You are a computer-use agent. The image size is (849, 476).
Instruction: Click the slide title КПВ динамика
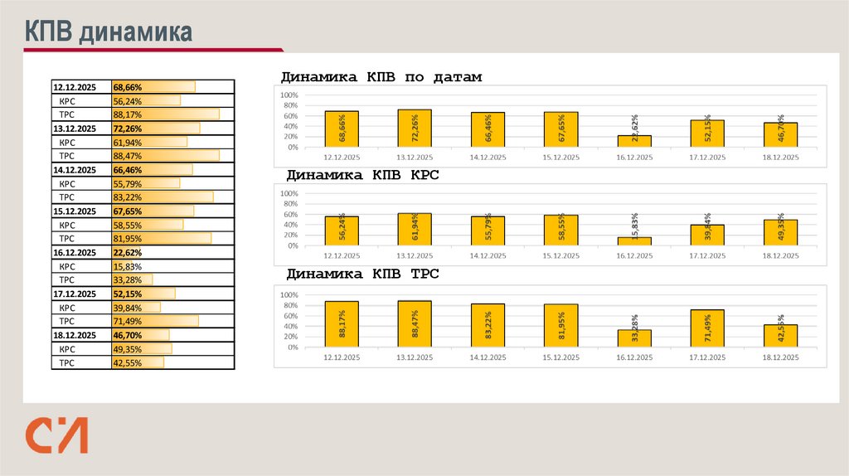coord(108,32)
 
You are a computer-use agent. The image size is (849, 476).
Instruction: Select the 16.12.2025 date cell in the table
coord(75,253)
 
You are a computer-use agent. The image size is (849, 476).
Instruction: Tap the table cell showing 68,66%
coord(129,87)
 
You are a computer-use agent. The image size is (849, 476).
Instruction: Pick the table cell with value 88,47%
coord(128,156)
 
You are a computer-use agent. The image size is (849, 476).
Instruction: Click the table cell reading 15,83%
coord(128,266)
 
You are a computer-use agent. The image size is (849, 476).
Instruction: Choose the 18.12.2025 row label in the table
coord(75,335)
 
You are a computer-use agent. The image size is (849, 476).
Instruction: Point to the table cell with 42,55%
coord(128,362)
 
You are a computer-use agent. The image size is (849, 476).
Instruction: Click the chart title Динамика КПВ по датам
coord(381,77)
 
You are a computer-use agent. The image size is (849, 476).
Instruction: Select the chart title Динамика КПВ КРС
coord(363,176)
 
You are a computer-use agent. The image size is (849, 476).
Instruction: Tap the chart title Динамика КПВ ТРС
coord(363,274)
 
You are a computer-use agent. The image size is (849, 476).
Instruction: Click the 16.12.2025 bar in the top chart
coord(634,141)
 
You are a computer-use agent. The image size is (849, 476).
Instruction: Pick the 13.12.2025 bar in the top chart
coord(415,129)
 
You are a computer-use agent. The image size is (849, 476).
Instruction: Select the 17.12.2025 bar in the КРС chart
coord(707,236)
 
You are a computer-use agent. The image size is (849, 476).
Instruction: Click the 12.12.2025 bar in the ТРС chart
coord(342,324)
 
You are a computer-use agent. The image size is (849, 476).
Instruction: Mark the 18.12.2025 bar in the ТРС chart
coord(780,336)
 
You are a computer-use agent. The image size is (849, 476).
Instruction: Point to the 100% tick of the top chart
coord(289,95)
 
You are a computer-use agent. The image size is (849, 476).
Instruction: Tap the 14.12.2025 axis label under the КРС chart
coord(488,256)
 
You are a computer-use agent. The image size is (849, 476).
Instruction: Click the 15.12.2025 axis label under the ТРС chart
coord(560,357)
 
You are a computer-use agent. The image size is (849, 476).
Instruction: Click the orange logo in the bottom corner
coord(56,436)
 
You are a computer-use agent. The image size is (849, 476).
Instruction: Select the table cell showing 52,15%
coord(128,294)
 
